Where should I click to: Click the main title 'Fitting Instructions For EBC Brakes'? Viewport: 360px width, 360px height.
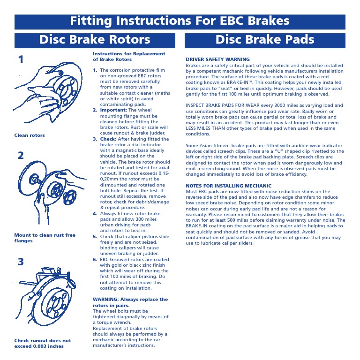[180, 22]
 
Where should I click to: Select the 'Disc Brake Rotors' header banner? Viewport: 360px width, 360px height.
[95, 40]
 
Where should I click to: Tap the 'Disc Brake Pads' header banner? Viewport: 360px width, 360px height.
[265, 40]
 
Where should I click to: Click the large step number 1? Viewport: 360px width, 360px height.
[21, 60]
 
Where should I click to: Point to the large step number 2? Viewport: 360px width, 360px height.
[21, 156]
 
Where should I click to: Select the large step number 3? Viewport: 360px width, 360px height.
[21, 262]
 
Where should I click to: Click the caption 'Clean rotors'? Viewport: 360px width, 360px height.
[30, 135]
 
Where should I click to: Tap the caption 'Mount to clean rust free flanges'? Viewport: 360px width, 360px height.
[44, 238]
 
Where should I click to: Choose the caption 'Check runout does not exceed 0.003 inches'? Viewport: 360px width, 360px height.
[42, 343]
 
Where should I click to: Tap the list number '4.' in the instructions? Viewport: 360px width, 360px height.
[95, 214]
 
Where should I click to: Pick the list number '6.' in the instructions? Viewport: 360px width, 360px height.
[95, 260]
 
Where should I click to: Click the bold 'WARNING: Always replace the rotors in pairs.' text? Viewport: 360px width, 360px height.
[130, 302]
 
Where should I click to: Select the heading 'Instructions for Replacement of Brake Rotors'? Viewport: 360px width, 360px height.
[129, 57]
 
